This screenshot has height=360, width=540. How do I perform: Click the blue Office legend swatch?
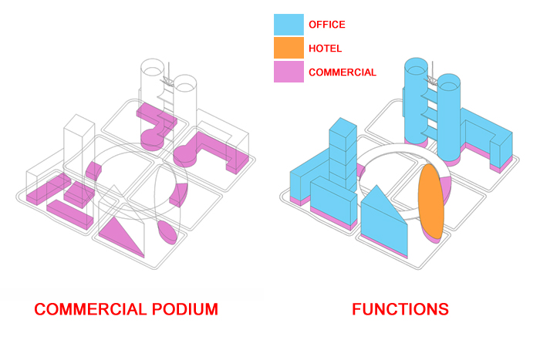point(289,24)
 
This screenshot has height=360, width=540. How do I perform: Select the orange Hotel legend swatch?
point(289,49)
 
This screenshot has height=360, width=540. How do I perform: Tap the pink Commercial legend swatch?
point(289,72)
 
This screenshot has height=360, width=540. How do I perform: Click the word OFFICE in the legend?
point(327,25)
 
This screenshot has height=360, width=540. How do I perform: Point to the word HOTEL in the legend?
point(325,49)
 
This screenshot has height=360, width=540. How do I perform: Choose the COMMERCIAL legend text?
point(343,72)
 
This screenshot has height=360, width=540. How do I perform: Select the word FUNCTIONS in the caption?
point(400,310)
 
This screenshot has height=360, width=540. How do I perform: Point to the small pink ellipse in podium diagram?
point(167,231)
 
